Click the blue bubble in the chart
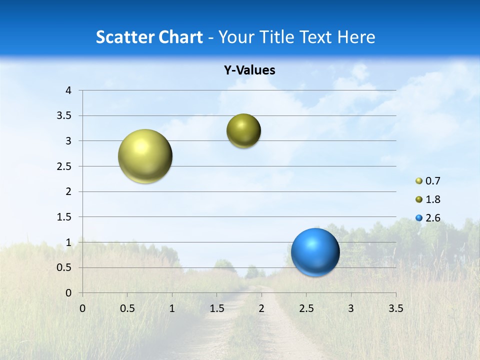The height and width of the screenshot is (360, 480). [x=315, y=252]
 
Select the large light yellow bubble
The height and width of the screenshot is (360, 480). [x=145, y=156]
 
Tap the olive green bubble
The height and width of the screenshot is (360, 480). [x=243, y=131]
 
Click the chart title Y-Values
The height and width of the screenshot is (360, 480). [x=249, y=70]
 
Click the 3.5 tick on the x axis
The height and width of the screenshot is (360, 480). [x=395, y=308]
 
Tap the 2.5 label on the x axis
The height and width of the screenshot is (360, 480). [x=306, y=308]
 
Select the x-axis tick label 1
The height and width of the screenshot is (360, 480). [x=172, y=308]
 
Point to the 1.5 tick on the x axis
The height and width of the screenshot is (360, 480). [x=216, y=308]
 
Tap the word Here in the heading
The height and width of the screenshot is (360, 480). [x=356, y=37]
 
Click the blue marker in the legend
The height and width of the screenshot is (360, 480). [x=419, y=218]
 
